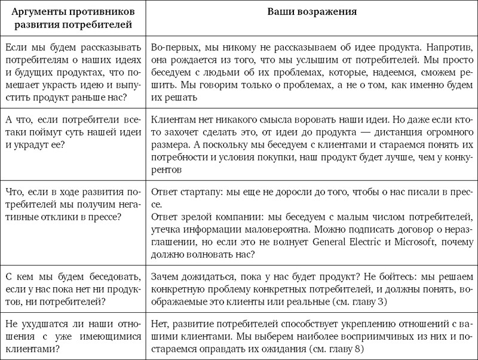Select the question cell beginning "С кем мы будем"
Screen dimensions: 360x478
tap(73, 290)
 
